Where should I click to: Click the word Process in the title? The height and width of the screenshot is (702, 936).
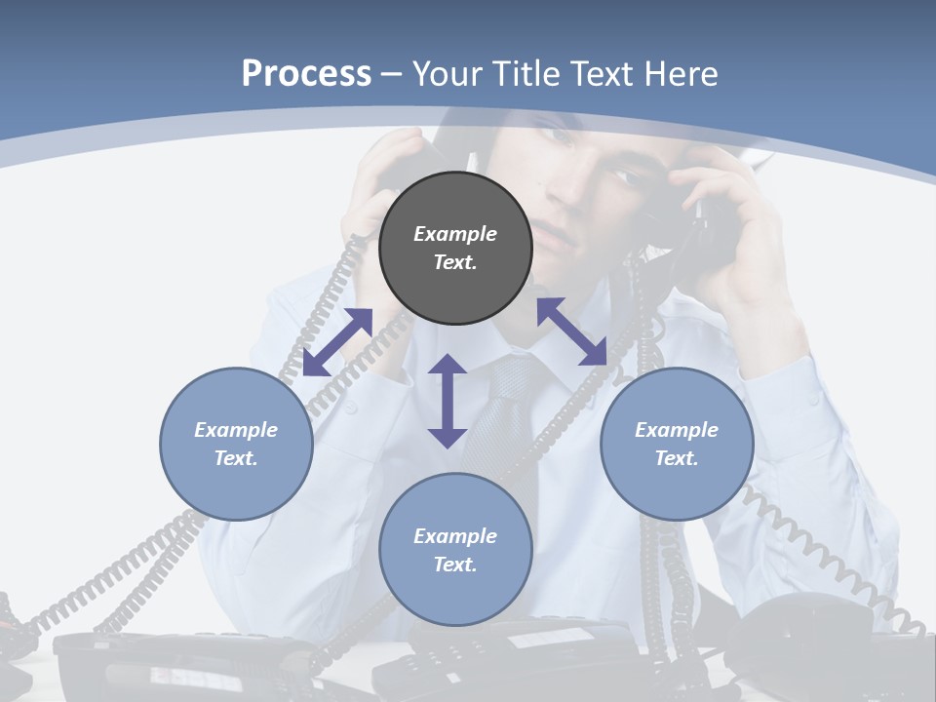point(306,73)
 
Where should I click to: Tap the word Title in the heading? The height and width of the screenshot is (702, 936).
point(526,73)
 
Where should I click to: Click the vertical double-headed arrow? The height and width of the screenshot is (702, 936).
point(448,401)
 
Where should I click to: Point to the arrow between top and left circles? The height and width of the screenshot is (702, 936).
point(337,341)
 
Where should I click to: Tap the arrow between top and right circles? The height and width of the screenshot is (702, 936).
point(572,331)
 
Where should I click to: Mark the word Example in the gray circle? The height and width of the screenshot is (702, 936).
point(455,234)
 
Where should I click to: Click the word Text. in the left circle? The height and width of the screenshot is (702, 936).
point(236,458)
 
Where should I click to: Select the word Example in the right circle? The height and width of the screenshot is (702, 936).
point(677,430)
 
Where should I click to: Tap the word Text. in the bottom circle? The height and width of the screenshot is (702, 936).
point(455,565)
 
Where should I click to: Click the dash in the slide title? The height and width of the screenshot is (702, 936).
point(392,73)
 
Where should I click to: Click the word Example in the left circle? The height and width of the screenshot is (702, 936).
point(236,430)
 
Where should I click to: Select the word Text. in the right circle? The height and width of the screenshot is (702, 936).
point(677,458)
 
